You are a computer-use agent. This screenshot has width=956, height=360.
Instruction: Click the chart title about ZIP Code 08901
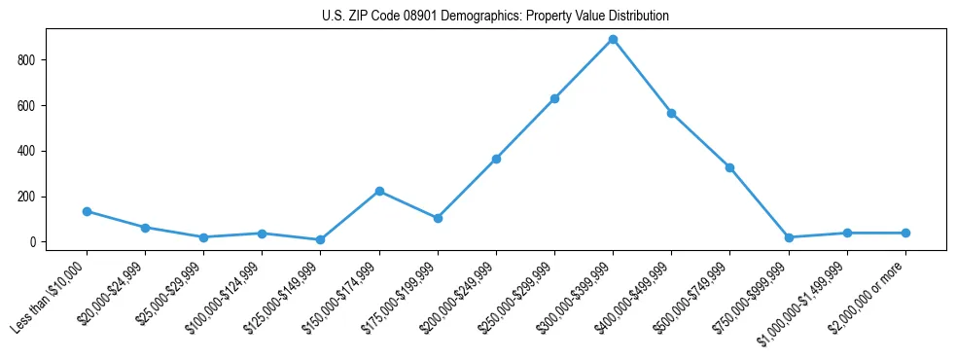pos(495,16)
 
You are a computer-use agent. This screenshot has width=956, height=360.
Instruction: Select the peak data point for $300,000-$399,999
pos(613,40)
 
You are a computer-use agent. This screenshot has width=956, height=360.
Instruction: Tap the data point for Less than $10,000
pos(87,211)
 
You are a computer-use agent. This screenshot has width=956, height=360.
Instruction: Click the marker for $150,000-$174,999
pos(379,191)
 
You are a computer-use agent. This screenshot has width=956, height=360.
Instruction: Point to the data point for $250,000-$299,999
pos(554,98)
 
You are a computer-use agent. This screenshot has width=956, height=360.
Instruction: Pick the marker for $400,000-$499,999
pos(671,113)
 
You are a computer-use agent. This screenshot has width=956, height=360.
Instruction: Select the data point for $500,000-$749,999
pos(729,167)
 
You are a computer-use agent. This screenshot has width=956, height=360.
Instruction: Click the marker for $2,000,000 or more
pos(905,233)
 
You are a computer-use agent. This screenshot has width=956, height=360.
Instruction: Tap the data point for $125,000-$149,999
pos(320,239)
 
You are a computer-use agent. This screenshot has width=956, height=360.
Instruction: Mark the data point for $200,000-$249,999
pos(496,159)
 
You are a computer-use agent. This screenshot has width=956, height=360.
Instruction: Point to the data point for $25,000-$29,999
pos(203,237)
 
